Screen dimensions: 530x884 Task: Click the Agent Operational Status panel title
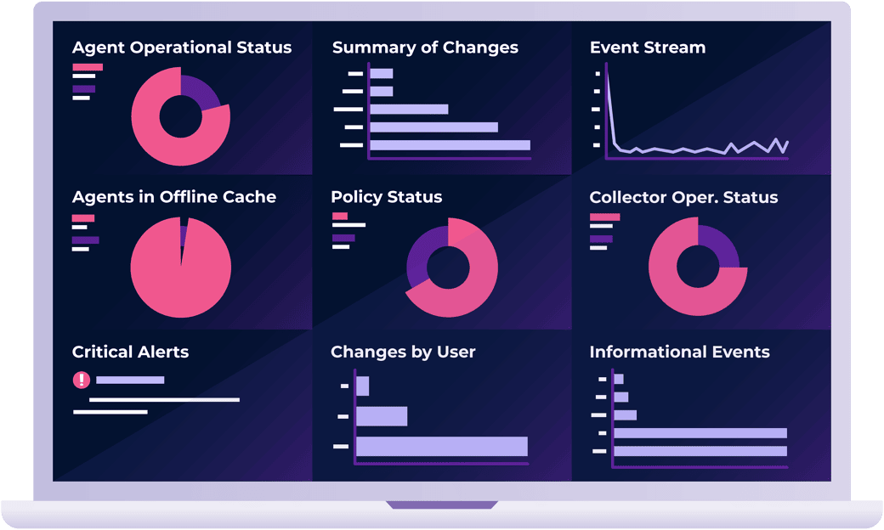tap(182, 48)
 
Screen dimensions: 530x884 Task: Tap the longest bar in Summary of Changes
tap(450, 145)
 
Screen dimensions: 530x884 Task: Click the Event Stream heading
tap(648, 48)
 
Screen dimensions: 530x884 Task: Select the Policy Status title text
tap(387, 197)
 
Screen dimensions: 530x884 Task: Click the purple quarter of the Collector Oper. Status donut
tap(720, 245)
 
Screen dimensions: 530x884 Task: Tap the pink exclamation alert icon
tap(82, 380)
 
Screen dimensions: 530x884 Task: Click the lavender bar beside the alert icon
tap(130, 380)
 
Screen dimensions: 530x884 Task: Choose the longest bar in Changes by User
tap(442, 446)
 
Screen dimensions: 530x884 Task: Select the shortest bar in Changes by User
tap(362, 386)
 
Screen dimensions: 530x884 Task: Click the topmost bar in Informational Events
tap(619, 379)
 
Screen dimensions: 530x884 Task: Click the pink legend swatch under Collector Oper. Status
tap(604, 217)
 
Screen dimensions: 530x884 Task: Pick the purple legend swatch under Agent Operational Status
tap(84, 88)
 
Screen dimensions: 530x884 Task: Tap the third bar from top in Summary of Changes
tap(409, 109)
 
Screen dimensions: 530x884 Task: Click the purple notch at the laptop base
tap(442, 505)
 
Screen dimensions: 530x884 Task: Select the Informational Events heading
tap(679, 352)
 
